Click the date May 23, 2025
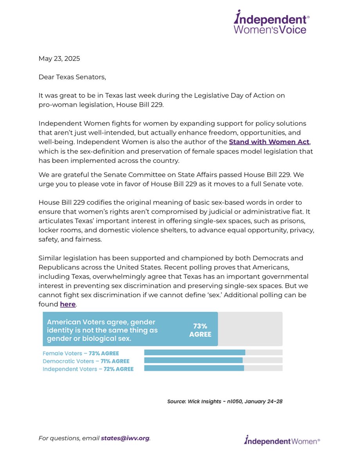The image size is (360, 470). (59, 59)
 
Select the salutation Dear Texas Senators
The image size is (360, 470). (72, 77)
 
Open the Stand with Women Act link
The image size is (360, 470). (269, 142)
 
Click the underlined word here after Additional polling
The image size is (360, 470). (67, 304)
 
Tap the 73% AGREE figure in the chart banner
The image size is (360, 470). (200, 330)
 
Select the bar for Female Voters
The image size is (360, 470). (194, 352)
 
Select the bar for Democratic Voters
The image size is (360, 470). (193, 360)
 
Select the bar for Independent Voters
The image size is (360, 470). (194, 368)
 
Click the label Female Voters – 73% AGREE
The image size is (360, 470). (81, 353)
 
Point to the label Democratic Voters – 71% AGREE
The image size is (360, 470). (86, 361)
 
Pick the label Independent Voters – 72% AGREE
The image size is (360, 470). (88, 369)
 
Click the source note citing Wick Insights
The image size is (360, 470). (225, 401)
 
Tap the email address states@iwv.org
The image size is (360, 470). (125, 438)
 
